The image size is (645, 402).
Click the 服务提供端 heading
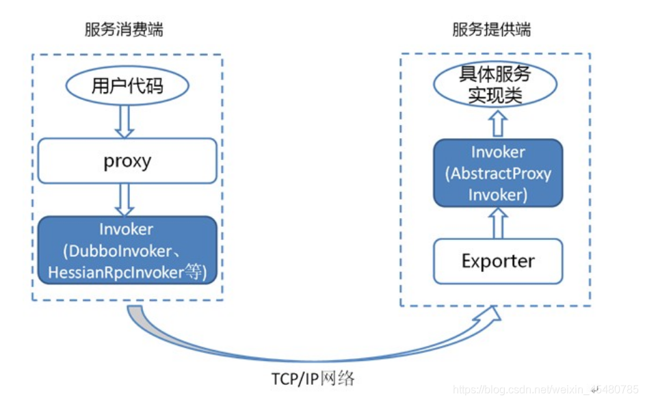[x=491, y=29]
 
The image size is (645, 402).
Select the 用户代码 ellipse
[x=127, y=86]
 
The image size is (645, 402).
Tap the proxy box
[x=127, y=161]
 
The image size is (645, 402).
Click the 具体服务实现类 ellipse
[x=496, y=85]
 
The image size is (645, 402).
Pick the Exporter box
[x=498, y=261]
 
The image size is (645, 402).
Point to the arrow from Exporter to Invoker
[x=498, y=223]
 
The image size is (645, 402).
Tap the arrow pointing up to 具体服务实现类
[x=497, y=124]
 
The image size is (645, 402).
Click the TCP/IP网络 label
[x=312, y=378]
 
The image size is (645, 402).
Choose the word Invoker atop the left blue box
[x=127, y=230]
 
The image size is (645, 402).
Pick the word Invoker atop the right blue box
[x=498, y=152]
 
